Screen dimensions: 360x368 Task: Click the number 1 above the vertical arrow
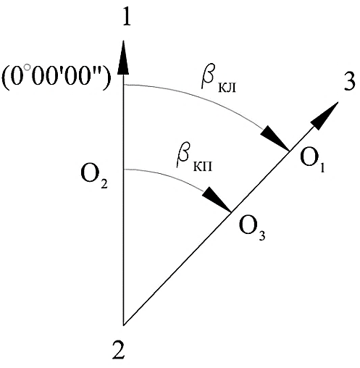(127, 16)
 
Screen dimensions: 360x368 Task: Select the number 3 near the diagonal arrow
(349, 81)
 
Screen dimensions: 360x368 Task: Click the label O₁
(312, 161)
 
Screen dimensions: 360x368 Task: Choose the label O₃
(252, 229)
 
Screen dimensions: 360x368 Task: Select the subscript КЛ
(227, 88)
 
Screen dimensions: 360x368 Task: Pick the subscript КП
(203, 166)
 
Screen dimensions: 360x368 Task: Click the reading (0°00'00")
(56, 78)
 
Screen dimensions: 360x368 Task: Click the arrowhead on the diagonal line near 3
(325, 116)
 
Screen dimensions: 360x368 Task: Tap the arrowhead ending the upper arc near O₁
(275, 139)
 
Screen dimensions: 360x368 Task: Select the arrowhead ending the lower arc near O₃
(217, 200)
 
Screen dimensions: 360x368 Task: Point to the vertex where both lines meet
(124, 325)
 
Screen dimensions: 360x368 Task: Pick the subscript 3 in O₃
(261, 235)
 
